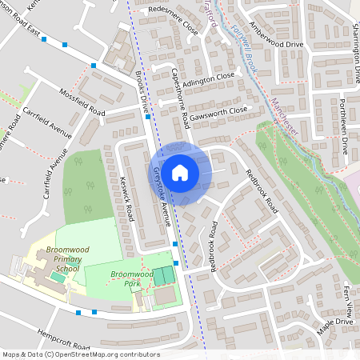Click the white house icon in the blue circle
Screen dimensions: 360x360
point(180,172)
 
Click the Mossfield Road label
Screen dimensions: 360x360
point(82,101)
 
